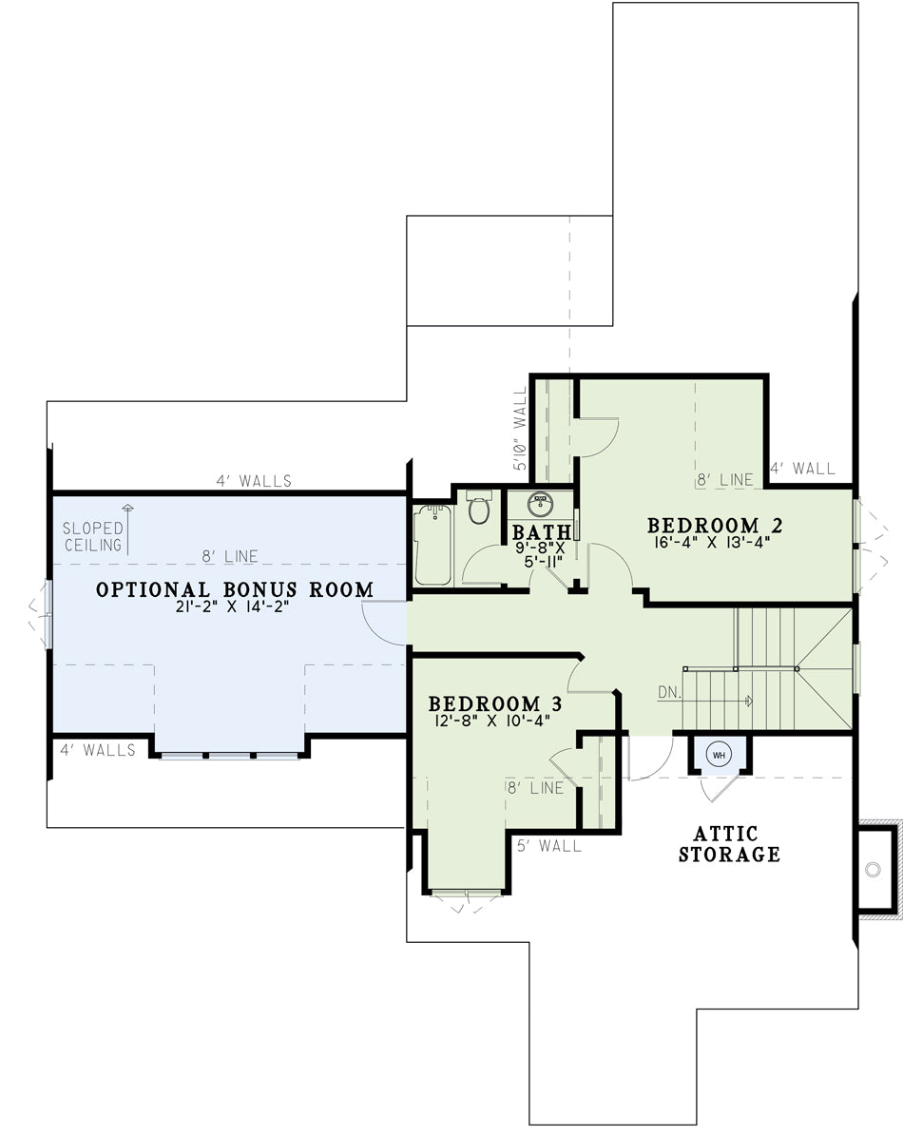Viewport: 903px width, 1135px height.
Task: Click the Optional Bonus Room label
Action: [x=235, y=589]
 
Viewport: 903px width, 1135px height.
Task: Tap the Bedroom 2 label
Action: [x=714, y=525]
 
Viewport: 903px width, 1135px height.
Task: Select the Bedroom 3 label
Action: [x=495, y=702]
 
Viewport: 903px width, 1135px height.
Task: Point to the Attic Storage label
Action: [x=729, y=844]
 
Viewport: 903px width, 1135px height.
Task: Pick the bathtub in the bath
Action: [x=433, y=545]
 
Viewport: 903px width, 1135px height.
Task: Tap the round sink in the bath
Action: [x=540, y=502]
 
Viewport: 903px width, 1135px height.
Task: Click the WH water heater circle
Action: [x=719, y=755]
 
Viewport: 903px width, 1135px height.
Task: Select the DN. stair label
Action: [x=669, y=693]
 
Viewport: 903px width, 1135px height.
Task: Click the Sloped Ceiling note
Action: [x=93, y=536]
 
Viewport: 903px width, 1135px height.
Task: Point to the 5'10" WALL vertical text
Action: [x=520, y=429]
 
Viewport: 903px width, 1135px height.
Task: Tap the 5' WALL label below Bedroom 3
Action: [x=549, y=845]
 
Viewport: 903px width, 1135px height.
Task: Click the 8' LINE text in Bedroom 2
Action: [x=725, y=479]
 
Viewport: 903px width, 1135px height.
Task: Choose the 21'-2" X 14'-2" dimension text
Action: [x=232, y=607]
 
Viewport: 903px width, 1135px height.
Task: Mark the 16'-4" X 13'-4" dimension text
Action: [x=712, y=542]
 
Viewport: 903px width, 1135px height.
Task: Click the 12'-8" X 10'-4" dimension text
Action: [x=492, y=721]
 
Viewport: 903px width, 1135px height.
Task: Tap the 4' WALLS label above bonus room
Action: [x=254, y=481]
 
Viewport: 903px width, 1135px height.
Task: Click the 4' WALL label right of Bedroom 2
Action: [x=803, y=469]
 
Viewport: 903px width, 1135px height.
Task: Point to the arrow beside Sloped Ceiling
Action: [x=128, y=529]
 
